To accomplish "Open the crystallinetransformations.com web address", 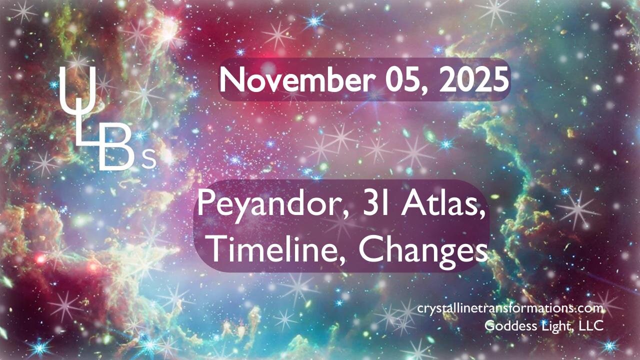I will pos(510,309).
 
